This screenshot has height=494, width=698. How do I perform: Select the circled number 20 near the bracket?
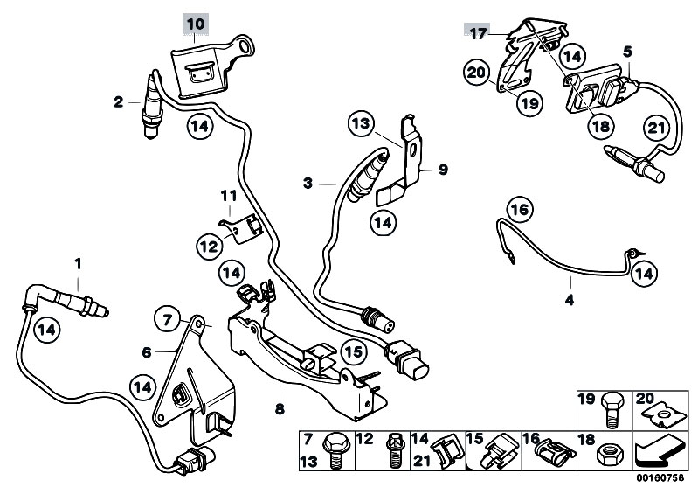478,72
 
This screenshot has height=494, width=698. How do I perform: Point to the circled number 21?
653,129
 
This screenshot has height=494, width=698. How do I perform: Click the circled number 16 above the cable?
518,210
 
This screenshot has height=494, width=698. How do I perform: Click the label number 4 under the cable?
569,300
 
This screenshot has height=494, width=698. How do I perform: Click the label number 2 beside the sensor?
118,102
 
